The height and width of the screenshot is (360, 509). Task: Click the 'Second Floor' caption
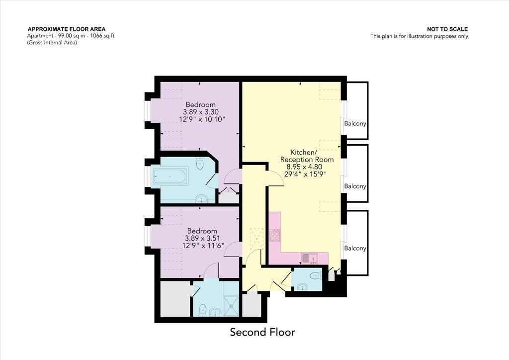coord(262,332)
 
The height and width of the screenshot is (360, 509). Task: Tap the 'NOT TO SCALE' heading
coord(447,29)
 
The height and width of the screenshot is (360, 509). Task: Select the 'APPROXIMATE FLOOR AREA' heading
coord(67,29)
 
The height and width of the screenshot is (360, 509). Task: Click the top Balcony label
coord(355,124)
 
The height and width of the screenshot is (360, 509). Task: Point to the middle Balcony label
coord(355,186)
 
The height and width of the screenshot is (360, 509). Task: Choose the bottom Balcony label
coord(355,248)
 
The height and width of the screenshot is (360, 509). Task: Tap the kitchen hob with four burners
coord(274,235)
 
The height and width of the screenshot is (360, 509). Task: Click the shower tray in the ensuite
coord(232,305)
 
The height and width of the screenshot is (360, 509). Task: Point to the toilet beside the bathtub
coord(200,164)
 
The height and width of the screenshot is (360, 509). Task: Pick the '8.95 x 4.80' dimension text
coord(304,167)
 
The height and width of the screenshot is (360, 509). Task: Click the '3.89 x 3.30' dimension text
coord(201,112)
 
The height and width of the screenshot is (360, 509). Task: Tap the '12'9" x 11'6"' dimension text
coord(203,246)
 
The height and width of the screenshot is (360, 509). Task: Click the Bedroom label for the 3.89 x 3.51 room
coord(202,231)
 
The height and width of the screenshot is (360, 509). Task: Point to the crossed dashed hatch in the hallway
coord(256,239)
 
